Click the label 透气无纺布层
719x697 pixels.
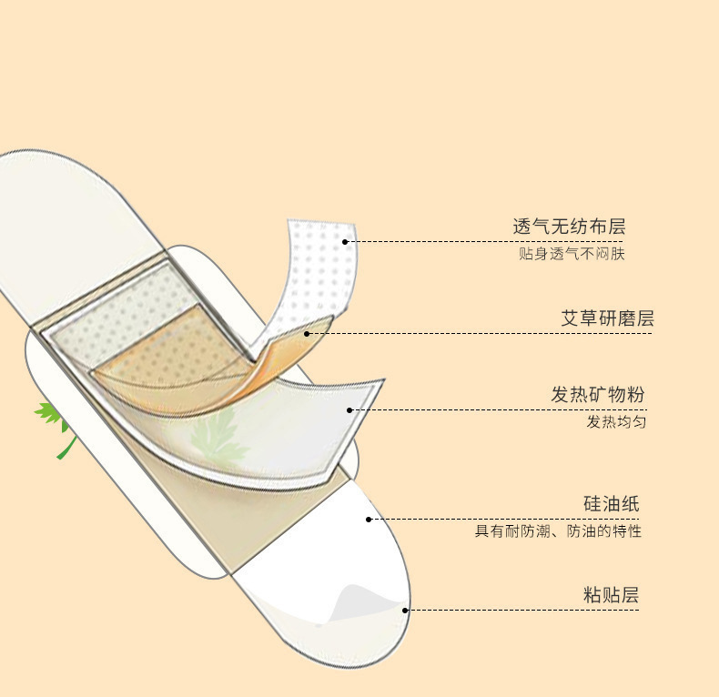[570, 227]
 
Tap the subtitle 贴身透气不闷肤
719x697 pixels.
[572, 254]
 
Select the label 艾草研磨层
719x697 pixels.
[607, 318]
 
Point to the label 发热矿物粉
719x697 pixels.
[598, 395]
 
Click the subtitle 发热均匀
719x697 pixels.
[616, 422]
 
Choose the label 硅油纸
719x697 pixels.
[612, 504]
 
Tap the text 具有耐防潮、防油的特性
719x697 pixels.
[558, 530]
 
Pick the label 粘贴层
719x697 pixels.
[612, 595]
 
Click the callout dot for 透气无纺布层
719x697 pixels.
[346, 241]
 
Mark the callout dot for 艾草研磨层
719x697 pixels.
[308, 333]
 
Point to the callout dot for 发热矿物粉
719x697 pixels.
[349, 410]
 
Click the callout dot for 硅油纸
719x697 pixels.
[369, 520]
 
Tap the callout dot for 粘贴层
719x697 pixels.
[406, 610]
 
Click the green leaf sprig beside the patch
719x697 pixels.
[55, 422]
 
